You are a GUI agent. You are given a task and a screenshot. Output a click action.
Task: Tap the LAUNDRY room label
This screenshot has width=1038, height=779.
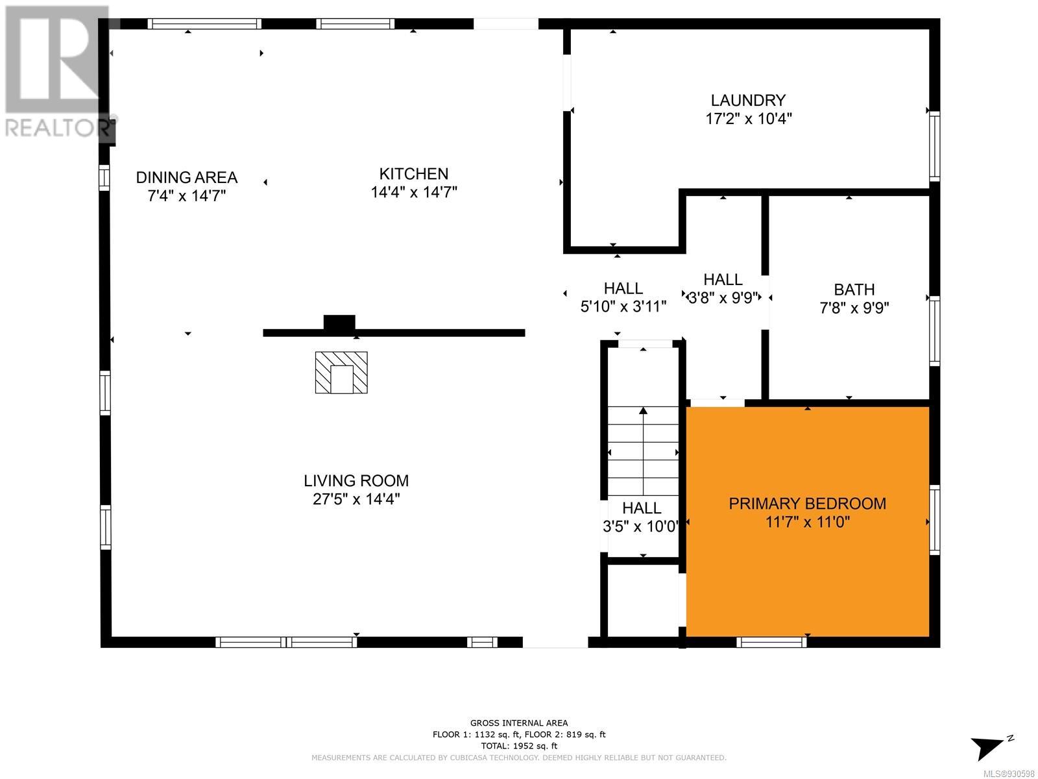pos(748,100)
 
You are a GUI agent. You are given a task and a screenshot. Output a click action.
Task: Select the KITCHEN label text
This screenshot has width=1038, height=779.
pos(414,174)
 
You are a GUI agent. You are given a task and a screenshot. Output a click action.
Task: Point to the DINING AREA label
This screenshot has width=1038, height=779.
pos(187,177)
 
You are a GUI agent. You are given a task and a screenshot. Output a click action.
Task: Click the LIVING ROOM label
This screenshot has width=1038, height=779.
pos(356,480)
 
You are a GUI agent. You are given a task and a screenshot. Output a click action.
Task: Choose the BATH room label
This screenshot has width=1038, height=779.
pos(854,290)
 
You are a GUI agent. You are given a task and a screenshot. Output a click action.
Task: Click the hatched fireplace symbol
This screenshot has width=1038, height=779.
pos(341,372)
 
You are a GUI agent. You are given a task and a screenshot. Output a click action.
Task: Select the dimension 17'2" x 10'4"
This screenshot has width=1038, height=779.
pos(749,119)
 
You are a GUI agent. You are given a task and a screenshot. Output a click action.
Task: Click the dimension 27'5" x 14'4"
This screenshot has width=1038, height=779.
pos(356,499)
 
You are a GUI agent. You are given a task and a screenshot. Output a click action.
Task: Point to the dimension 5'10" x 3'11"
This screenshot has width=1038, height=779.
pos(623,306)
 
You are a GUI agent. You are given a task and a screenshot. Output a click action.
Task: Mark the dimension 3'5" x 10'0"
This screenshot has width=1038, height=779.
pos(641,526)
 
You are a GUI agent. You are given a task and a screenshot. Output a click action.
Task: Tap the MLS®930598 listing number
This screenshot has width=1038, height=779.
pos(1009,774)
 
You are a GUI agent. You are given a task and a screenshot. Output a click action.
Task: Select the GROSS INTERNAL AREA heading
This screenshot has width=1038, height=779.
pos(519,723)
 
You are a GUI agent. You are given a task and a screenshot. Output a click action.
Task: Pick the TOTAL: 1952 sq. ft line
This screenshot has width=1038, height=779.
pos(519,746)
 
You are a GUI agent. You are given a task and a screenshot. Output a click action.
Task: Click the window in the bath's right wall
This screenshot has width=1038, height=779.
pos(934,330)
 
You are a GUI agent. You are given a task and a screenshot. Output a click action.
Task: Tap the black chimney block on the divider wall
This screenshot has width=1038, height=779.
pos(339,323)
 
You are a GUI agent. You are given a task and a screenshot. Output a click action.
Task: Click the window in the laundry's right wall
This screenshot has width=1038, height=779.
pos(934,145)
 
